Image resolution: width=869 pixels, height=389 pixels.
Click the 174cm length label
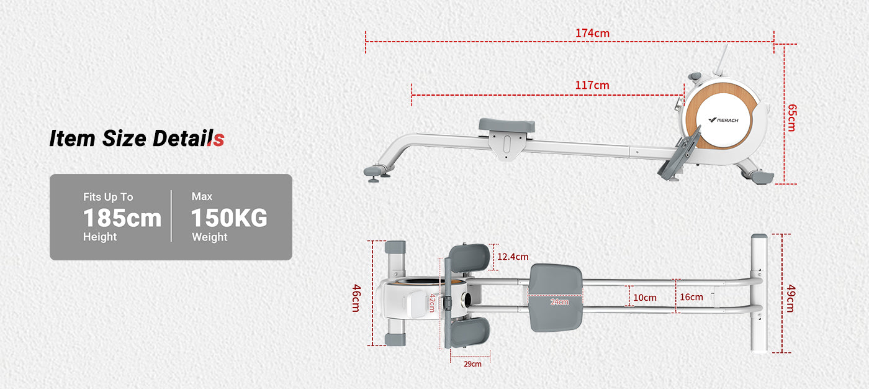(x=592, y=33)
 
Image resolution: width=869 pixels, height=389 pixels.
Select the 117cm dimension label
(x=592, y=85)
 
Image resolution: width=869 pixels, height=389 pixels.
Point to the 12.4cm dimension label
(x=513, y=257)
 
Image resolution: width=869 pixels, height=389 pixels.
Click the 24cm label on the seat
(x=559, y=302)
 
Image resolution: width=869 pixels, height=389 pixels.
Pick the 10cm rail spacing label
(x=644, y=298)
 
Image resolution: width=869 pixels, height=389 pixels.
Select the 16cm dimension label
(x=691, y=297)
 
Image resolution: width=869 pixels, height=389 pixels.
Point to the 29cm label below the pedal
(x=472, y=364)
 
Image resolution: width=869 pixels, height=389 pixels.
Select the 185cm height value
(x=122, y=218)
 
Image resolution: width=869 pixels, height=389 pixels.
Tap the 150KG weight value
(x=229, y=218)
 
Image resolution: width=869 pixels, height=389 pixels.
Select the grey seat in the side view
(x=507, y=126)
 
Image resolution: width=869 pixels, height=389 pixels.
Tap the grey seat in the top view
(x=556, y=298)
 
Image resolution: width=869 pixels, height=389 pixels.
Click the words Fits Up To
(x=108, y=197)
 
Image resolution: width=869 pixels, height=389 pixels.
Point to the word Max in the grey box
(x=202, y=196)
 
